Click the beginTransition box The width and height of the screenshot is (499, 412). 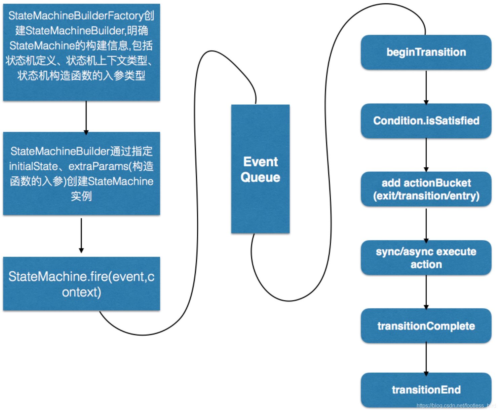[426, 52]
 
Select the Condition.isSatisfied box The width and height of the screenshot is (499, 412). [426, 121]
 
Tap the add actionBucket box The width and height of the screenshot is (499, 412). [426, 189]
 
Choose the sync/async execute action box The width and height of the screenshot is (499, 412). [426, 257]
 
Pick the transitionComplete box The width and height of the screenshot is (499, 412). [426, 326]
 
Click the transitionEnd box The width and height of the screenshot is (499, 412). [426, 390]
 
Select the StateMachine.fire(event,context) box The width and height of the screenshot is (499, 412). [81, 284]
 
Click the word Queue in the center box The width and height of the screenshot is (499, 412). [260, 177]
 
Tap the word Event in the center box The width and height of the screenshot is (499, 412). [261, 162]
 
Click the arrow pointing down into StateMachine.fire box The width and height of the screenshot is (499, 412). [81, 236]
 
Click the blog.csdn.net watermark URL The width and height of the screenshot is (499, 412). [456, 406]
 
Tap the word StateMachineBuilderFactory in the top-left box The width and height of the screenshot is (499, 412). [74, 15]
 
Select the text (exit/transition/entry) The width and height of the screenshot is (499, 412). [426, 196]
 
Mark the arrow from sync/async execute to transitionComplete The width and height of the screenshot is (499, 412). [426, 292]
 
